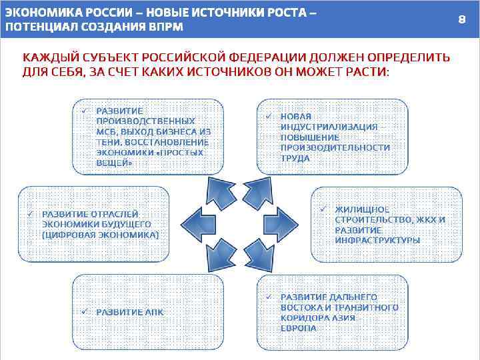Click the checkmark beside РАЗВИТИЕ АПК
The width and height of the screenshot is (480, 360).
pyautogui.click(x=85, y=311)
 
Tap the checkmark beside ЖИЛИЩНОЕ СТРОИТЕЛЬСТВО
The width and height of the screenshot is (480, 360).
pyautogui.click(x=322, y=209)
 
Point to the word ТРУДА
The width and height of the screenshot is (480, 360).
pyautogui.click(x=295, y=159)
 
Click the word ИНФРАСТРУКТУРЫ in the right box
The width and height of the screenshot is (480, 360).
pyautogui.click(x=377, y=240)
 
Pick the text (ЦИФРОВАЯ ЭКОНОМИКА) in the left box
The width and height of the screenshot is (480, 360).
pyautogui.click(x=100, y=235)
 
